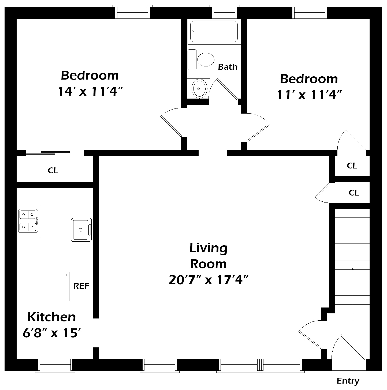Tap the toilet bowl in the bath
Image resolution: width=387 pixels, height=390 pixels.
[x=206, y=59]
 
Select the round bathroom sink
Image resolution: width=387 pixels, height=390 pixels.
[x=200, y=88]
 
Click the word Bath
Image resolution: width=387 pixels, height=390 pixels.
[x=228, y=67]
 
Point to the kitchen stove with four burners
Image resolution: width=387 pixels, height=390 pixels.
[x=28, y=221]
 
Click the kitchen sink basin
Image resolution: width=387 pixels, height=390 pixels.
[x=81, y=230]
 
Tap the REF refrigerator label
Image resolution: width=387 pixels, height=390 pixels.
[x=81, y=286]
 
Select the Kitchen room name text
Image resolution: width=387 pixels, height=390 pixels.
[x=52, y=317]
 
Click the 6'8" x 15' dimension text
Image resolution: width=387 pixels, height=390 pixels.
[x=52, y=333]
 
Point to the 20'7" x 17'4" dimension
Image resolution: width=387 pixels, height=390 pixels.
[x=209, y=280]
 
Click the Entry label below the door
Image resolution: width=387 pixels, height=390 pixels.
[x=348, y=381]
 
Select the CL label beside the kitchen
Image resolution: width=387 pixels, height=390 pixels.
[x=53, y=170]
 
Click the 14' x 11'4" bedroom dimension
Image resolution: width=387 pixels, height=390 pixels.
[x=90, y=92]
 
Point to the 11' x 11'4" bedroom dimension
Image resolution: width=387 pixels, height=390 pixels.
[x=309, y=95]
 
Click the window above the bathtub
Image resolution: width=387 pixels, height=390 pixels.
[x=225, y=12]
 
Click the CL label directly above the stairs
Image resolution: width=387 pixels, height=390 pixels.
[x=354, y=193]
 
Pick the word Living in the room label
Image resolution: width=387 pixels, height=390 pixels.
[x=209, y=248]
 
